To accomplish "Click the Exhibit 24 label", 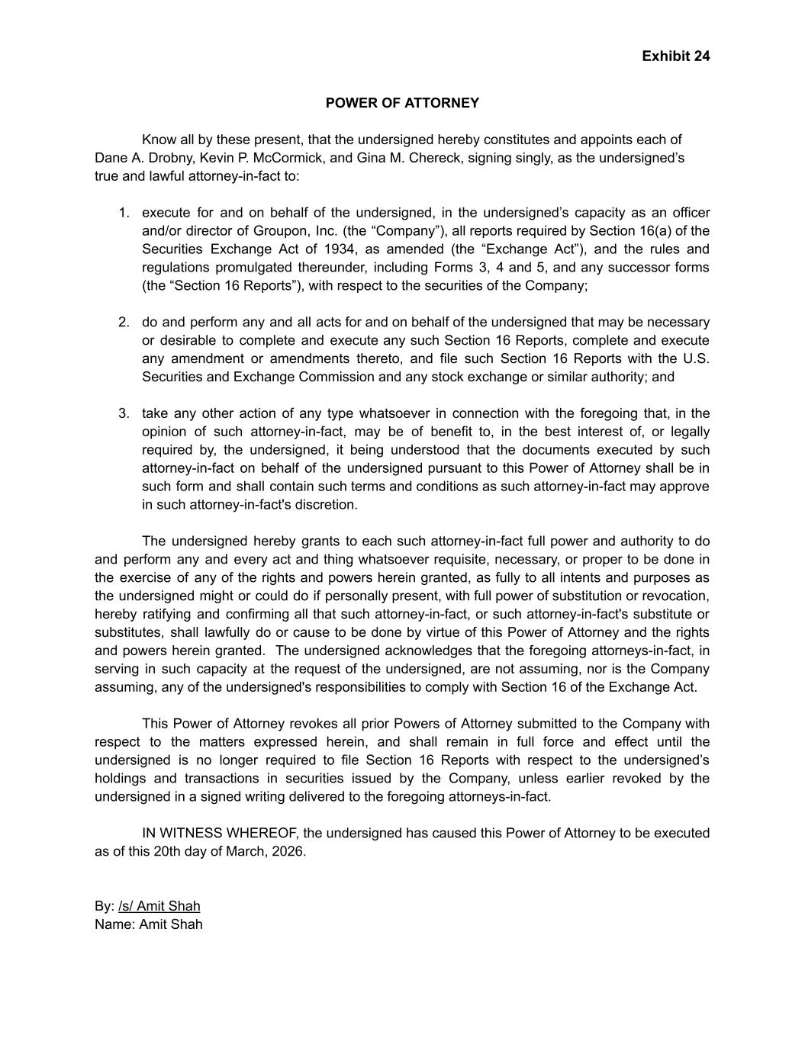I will [x=675, y=56].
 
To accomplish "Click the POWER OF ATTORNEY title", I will [x=402, y=103].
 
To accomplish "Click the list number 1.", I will [x=124, y=213].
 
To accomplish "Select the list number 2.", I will [x=124, y=323].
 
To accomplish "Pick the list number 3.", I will [x=124, y=414].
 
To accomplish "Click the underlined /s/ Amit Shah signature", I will [x=159, y=906].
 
